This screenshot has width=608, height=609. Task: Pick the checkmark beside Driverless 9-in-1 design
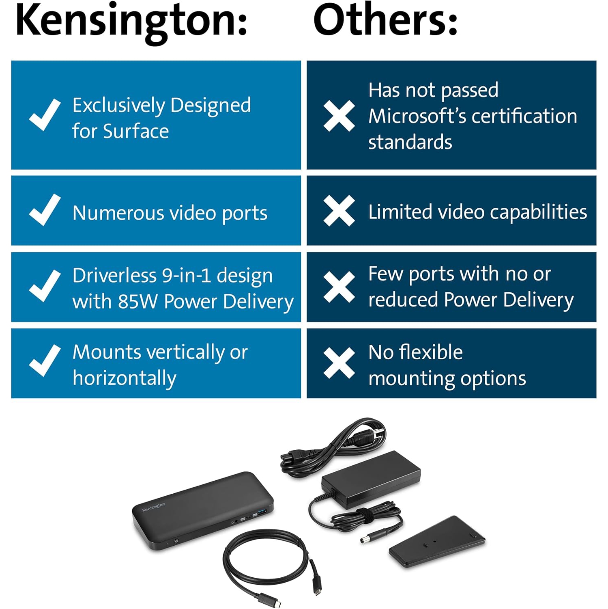[45, 286]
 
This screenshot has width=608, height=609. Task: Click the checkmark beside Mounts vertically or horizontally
[45, 361]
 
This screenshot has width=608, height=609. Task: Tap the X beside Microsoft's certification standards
[339, 116]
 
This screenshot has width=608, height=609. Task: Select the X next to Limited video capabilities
[339, 211]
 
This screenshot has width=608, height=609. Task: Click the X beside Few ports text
[339, 287]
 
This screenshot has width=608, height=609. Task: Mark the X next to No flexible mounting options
[339, 363]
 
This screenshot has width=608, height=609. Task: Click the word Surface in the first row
[136, 132]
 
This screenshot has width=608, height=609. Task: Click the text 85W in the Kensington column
[137, 302]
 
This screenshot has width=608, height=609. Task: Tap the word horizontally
[124, 378]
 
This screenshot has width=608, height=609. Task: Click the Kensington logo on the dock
[154, 507]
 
